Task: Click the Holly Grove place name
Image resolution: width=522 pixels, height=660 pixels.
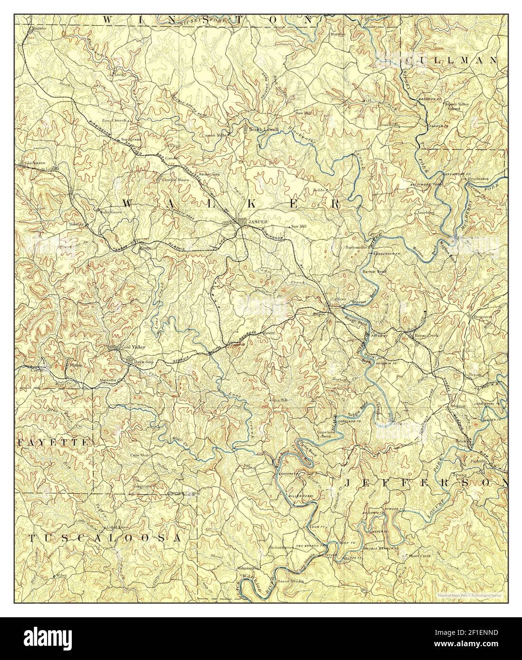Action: pos(111,212)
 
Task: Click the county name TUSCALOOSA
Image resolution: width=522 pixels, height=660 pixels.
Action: pos(104,538)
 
